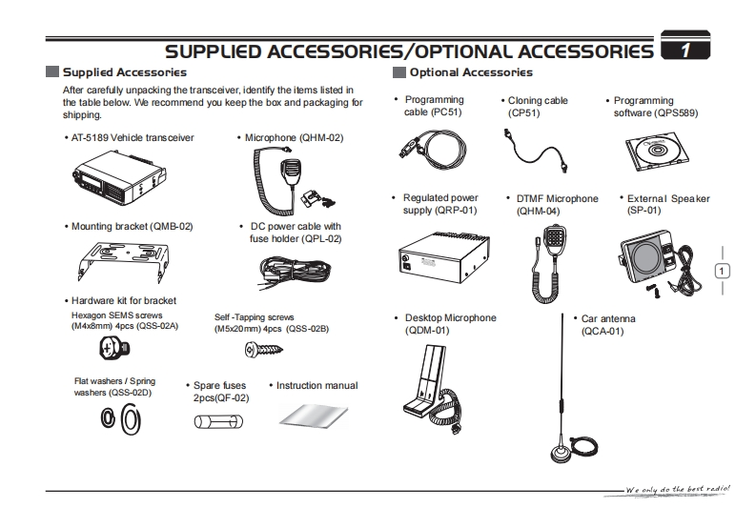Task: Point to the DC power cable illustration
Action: (286, 274)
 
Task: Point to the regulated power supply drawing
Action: (440, 254)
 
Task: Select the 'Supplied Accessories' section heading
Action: (123, 72)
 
